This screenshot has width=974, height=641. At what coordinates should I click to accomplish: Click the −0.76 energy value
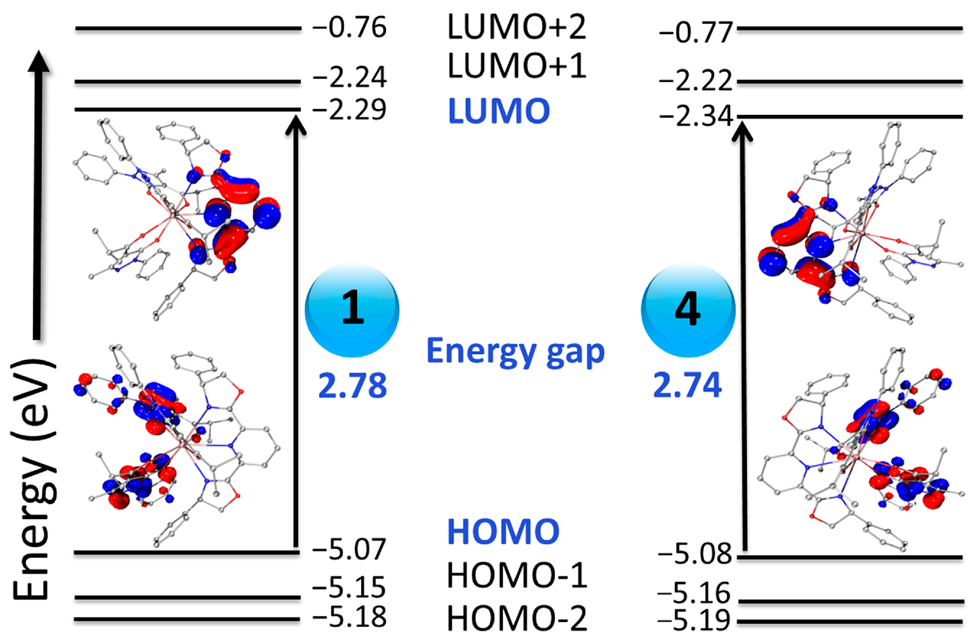pos(349,28)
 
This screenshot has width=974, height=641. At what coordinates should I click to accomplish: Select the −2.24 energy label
pos(349,77)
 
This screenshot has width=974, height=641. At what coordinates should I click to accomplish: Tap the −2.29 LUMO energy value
pos(349,110)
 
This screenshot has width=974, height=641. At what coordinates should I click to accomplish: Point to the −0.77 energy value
pos(696,33)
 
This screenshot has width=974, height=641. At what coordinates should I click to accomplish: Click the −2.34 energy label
pos(696,116)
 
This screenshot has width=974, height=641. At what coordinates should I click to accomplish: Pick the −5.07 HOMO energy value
pos(349,549)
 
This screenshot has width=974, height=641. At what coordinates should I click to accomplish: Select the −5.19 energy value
pos(694,620)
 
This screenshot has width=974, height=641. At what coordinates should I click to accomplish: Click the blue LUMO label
pos(499,111)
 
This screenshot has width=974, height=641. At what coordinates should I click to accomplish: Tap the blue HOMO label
pos(503,531)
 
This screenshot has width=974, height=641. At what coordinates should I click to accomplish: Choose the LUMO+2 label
pos(517,27)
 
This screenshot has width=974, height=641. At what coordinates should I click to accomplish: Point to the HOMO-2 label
pos(517,618)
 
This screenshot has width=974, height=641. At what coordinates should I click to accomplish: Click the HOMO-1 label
pos(517,575)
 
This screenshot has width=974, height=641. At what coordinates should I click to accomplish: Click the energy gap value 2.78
pos(352,386)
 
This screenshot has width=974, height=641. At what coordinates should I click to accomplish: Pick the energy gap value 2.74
pos(687,385)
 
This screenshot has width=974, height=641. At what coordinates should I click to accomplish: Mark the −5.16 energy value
pos(694,593)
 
